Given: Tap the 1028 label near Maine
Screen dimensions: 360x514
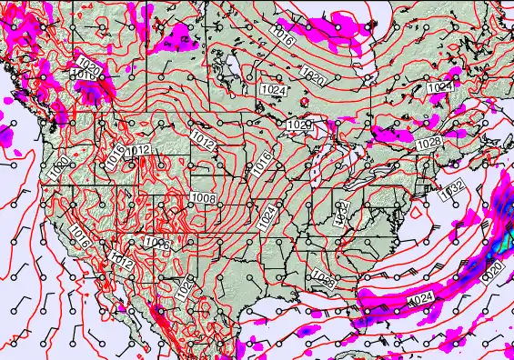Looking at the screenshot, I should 428,144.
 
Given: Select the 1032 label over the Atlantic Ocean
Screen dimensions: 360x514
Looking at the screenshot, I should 451,192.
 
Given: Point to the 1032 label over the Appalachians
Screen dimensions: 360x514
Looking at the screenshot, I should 342,215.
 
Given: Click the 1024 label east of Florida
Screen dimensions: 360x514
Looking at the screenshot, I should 420,299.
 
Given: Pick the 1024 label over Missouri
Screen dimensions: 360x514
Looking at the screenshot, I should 267,215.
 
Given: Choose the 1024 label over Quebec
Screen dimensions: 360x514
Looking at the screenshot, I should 439,87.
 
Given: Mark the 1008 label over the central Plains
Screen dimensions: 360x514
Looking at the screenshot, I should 203,199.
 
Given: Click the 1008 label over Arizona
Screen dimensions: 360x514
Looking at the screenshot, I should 156,244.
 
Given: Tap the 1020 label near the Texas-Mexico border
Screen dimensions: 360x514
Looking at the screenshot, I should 186,287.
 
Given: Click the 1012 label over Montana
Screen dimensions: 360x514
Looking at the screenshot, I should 138,150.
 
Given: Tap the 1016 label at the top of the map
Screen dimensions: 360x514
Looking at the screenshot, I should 283,38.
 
